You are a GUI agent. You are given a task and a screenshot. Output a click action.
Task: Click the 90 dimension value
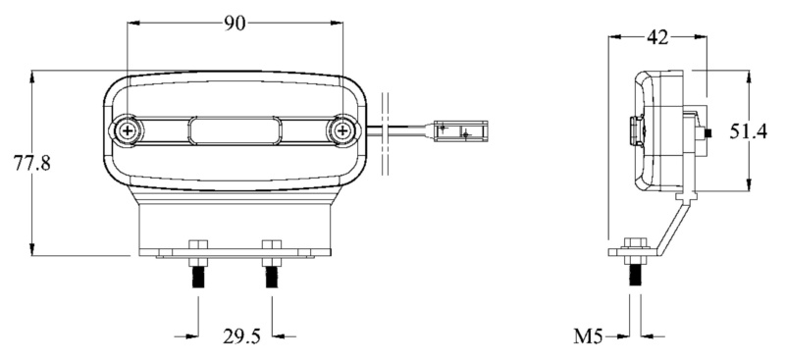235,24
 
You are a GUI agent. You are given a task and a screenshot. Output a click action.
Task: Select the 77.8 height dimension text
32,163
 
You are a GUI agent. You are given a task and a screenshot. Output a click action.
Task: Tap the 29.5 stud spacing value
241,336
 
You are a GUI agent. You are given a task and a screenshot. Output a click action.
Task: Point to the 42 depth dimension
657,37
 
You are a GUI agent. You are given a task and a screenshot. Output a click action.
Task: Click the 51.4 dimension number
748,131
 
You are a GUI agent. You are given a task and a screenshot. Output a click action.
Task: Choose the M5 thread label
588,336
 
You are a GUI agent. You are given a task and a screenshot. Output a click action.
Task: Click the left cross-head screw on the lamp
129,131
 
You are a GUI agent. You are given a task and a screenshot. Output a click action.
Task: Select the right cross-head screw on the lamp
342,131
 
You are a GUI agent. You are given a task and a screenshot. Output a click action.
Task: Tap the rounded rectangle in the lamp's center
235,131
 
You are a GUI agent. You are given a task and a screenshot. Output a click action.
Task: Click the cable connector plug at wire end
460,131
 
